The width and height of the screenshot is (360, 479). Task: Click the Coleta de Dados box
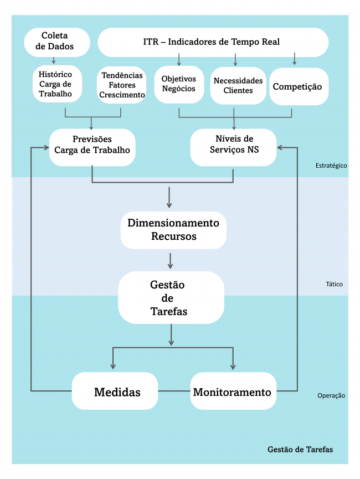57,42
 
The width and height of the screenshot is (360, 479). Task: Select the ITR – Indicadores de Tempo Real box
213,42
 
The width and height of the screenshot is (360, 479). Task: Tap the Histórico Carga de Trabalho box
58,84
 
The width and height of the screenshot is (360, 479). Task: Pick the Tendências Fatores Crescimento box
122,85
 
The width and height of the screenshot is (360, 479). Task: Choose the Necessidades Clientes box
238,85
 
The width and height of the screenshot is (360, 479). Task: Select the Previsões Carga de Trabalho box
92,145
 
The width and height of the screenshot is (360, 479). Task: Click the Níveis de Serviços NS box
233,145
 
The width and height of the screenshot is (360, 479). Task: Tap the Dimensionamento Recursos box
173,229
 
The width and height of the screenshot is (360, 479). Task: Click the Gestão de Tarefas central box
171,297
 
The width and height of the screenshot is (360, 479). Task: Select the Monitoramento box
233,392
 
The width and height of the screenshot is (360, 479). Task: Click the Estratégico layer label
331,166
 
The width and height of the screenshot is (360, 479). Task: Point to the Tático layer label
334,284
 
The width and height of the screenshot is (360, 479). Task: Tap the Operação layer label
331,395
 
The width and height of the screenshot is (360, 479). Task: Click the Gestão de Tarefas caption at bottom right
300,449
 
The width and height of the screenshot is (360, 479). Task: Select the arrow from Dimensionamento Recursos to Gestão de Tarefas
171,260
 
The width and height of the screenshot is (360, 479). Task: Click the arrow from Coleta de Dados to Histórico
54,60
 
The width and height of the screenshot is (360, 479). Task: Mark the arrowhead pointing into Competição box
294,62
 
